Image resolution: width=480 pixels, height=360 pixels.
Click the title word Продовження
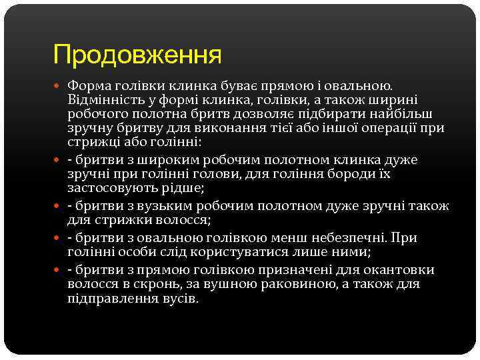(137, 55)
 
